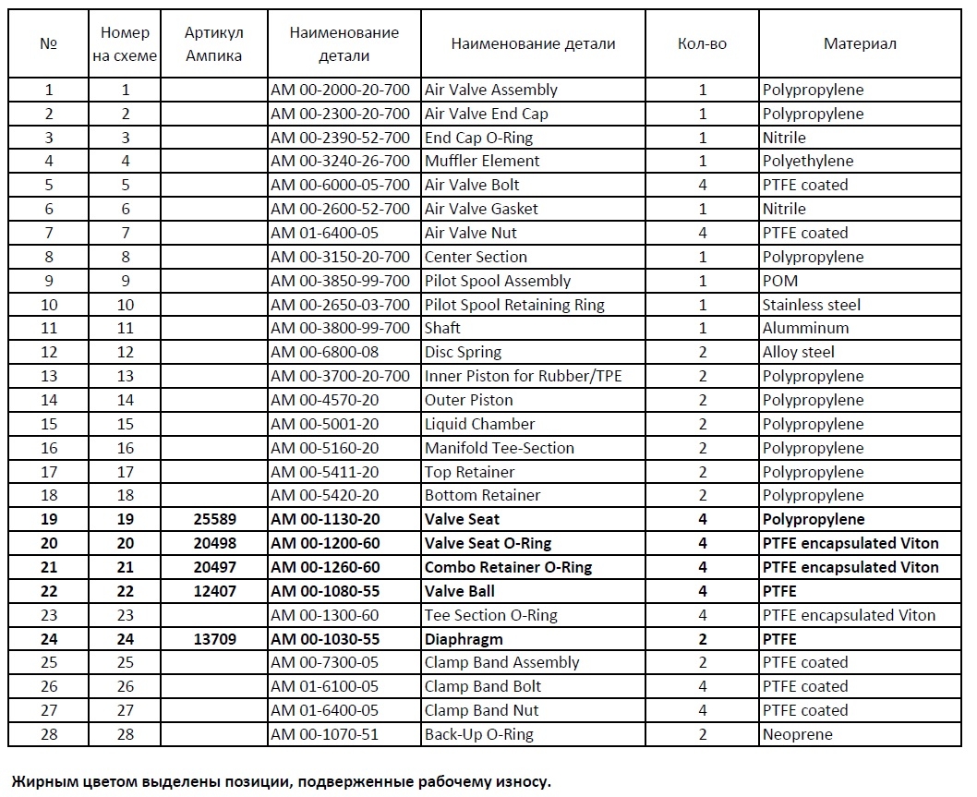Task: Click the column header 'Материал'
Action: pos(860,43)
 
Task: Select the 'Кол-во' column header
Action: pos(702,43)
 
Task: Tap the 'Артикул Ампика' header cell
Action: pos(213,43)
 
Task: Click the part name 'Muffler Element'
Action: pos(482,162)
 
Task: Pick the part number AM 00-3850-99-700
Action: pos(340,281)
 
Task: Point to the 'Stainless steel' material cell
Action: pos(811,305)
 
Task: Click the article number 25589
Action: pos(213,519)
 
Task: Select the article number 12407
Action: pos(213,591)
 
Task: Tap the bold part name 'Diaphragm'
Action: pos(464,639)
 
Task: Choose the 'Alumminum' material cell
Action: pos(805,328)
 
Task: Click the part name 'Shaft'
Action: pos(442,328)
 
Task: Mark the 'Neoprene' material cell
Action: pos(797,735)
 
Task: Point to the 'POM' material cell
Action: pos(780,281)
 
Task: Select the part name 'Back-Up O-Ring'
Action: pos(478,735)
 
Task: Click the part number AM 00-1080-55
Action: pos(326,591)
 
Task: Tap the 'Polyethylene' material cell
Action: pos(808,162)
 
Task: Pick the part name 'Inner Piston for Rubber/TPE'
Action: pos(514,376)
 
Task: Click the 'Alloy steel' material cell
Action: pos(798,352)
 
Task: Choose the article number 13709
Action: pos(213,639)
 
